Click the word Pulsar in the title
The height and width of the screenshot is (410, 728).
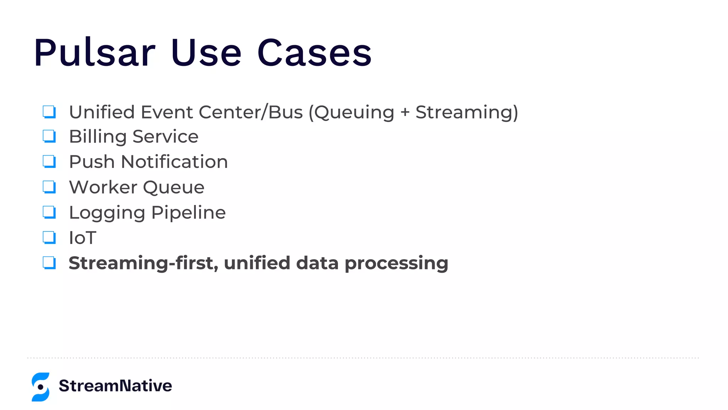(x=95, y=53)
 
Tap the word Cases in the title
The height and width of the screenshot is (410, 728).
(x=314, y=53)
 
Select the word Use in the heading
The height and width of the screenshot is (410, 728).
(x=206, y=53)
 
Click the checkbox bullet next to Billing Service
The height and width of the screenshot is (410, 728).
(x=49, y=136)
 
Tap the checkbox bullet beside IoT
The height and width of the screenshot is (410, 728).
(x=49, y=237)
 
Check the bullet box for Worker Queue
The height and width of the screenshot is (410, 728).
(x=49, y=187)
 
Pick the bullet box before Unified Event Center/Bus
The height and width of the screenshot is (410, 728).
(x=49, y=112)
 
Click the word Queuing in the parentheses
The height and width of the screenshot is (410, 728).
(x=354, y=112)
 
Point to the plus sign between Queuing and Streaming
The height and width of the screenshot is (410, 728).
(x=405, y=112)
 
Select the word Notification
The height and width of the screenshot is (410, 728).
(x=174, y=162)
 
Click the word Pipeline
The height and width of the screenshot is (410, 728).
(x=188, y=213)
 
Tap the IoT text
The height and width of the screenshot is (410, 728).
(x=82, y=238)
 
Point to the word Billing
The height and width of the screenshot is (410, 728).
(x=98, y=137)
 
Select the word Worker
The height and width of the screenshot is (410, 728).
(x=103, y=187)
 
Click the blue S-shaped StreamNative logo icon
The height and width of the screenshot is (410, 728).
(x=41, y=387)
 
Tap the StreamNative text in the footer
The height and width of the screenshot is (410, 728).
(x=115, y=386)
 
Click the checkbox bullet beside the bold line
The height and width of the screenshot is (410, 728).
(x=49, y=263)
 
